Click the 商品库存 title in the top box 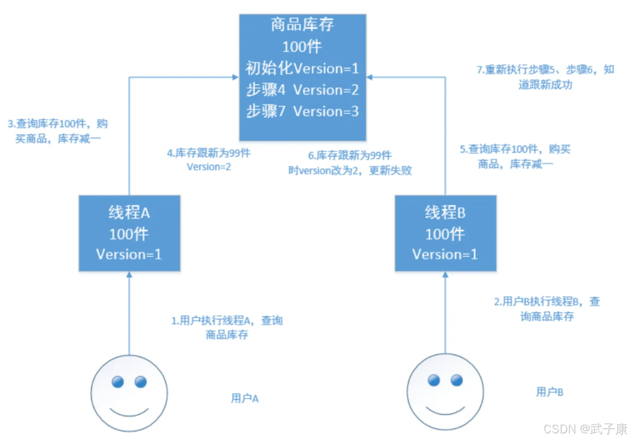[302, 25]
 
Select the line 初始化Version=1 [302, 68]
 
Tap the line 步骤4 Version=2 [302, 90]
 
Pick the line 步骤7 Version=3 [302, 111]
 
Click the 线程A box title [129, 213]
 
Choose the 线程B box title [445, 213]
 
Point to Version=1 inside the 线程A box [129, 254]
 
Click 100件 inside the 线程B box [445, 234]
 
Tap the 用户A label [245, 398]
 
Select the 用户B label [549, 392]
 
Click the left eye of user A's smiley [118, 382]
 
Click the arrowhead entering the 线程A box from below [129, 275]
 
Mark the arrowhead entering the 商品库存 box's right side [369, 77]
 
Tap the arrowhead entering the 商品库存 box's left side [235, 77]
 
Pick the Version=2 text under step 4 [209, 167]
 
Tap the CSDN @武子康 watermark [585, 429]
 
